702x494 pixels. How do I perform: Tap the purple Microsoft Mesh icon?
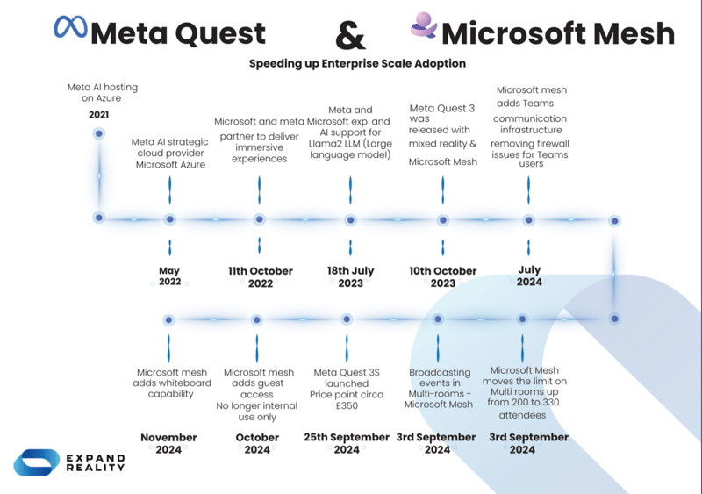click(423, 27)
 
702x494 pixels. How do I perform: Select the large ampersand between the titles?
click(351, 36)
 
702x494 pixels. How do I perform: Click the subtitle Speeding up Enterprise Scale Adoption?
click(357, 63)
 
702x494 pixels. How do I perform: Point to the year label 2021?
click(99, 115)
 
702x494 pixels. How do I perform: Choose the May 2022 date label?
click(169, 276)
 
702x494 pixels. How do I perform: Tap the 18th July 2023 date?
click(350, 277)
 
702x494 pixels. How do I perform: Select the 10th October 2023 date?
click(443, 277)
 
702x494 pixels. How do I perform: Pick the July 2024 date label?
click(529, 276)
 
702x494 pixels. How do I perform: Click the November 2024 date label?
click(169, 443)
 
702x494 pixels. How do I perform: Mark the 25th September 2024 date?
click(347, 443)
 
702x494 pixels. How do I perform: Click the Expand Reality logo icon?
click(37, 462)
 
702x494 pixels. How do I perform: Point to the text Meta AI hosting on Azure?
click(103, 93)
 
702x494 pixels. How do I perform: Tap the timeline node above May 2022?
click(169, 218)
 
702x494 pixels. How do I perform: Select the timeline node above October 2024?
click(257, 320)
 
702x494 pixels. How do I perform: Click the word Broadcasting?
click(440, 372)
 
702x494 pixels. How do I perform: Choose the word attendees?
click(522, 415)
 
